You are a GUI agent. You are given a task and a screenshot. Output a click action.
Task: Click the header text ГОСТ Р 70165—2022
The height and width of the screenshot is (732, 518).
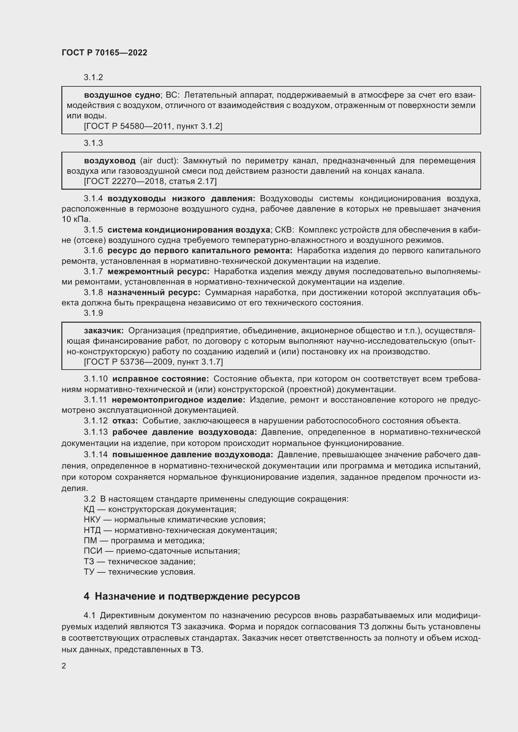click(x=104, y=53)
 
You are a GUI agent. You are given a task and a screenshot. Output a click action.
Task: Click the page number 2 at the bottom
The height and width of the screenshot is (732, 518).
click(x=64, y=666)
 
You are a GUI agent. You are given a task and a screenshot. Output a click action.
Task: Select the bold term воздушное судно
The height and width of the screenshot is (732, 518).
click(x=122, y=95)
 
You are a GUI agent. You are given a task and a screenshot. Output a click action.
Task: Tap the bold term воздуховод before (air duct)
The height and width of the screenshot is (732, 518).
click(x=109, y=161)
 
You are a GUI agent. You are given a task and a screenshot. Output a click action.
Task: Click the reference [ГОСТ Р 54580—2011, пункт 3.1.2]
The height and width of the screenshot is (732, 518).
click(x=153, y=126)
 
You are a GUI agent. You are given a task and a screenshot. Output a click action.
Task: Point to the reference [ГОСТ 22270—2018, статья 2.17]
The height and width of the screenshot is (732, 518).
click(x=150, y=182)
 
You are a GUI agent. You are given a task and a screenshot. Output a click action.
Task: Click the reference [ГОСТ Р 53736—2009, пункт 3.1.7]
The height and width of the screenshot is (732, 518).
click(x=153, y=362)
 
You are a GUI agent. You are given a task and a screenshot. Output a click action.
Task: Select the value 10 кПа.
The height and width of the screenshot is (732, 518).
click(x=76, y=219)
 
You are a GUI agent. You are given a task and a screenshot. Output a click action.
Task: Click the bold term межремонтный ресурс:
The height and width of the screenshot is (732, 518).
click(x=158, y=272)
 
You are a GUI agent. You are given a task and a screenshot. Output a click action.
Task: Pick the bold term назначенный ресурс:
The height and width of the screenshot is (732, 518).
click(x=154, y=292)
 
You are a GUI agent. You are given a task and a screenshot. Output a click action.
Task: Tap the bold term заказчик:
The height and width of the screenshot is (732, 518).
click(x=104, y=330)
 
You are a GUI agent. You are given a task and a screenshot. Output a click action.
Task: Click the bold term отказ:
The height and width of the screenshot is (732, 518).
click(x=125, y=421)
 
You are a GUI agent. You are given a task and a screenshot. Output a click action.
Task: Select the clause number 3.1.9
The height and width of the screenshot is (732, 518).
click(x=93, y=313)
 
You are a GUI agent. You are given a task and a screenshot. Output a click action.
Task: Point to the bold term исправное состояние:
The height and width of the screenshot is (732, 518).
click(x=160, y=379)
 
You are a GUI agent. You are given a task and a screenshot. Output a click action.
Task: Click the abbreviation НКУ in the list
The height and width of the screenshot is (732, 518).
click(x=92, y=520)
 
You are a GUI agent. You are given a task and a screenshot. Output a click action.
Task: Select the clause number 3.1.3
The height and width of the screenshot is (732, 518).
click(x=93, y=143)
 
